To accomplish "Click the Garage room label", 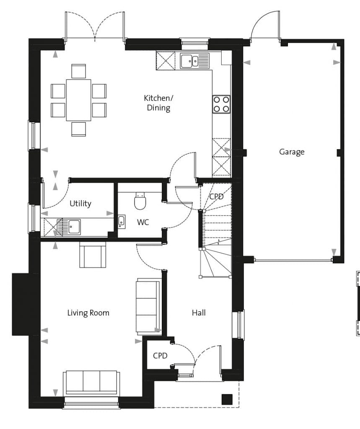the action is click(x=292, y=152).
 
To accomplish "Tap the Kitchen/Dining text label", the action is click(x=158, y=103).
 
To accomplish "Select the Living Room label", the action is click(x=88, y=313).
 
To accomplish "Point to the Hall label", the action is click(x=199, y=313).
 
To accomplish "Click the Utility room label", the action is click(x=80, y=203).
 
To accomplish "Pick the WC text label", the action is click(x=143, y=222).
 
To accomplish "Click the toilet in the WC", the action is click(x=140, y=201).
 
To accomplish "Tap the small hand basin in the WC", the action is click(x=122, y=222).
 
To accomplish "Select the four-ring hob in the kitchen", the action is click(x=221, y=104).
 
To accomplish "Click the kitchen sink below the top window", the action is click(x=194, y=61).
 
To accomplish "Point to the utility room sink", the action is click(x=69, y=227).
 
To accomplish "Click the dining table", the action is click(x=78, y=100).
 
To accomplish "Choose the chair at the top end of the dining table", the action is click(x=78, y=71).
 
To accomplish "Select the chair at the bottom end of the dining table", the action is click(x=78, y=129).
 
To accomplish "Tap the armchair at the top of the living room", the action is click(x=93, y=254).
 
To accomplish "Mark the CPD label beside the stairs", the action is click(x=216, y=196).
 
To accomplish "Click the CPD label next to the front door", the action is click(x=160, y=355).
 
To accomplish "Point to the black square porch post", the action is click(x=227, y=399).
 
